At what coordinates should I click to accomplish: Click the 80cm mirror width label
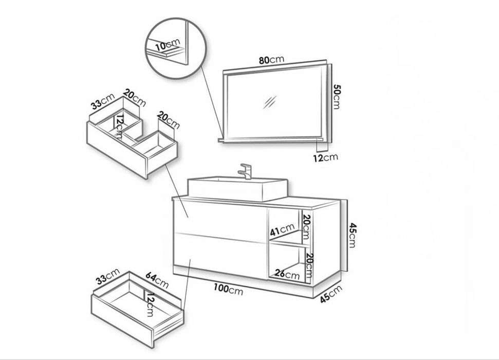point(271,60)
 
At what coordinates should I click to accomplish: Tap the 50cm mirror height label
point(337,97)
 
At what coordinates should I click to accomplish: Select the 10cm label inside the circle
point(168,45)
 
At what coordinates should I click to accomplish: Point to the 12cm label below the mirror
point(325,157)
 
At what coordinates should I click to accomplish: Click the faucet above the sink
point(246,171)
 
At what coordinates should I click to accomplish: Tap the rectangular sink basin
point(238,189)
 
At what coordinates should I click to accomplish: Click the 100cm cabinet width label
point(228,289)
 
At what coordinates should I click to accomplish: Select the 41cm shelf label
point(282,229)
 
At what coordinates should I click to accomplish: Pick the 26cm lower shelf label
point(287,274)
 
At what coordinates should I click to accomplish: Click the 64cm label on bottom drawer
point(157,280)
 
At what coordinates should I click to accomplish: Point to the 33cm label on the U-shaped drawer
point(102,101)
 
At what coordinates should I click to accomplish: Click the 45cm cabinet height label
point(352,236)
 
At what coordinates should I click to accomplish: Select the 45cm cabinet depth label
point(331,294)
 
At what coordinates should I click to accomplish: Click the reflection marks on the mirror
point(270,102)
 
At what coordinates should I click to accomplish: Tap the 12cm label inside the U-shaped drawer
point(119,127)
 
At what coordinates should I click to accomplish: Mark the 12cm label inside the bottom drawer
point(150,305)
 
